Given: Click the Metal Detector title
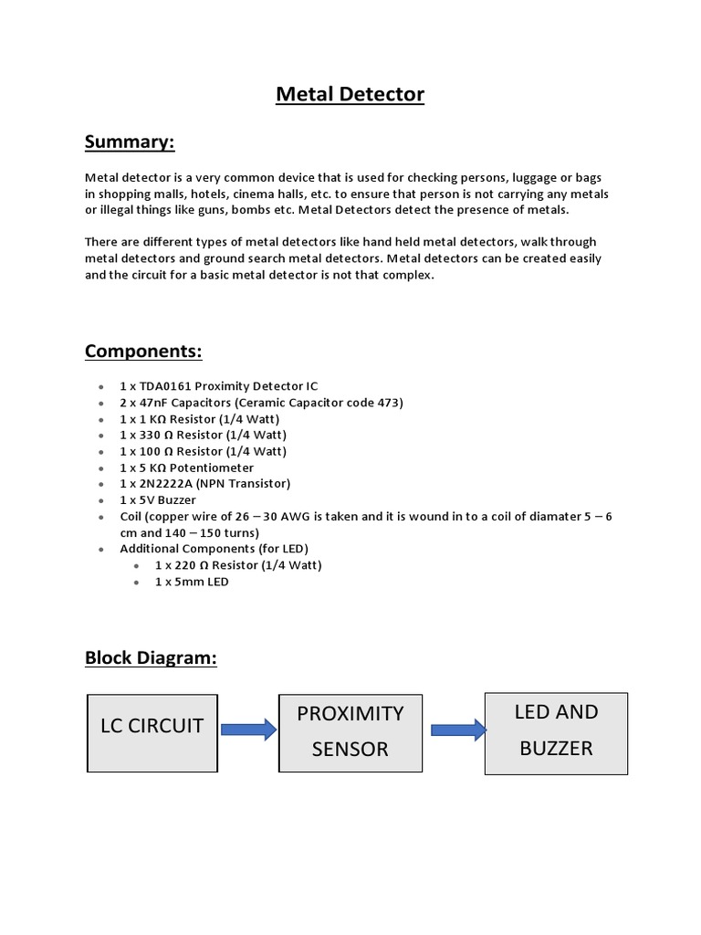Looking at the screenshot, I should (350, 94).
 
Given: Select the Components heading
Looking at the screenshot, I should (143, 352).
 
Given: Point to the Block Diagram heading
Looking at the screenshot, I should (151, 657).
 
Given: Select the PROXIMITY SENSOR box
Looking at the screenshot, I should (350, 730).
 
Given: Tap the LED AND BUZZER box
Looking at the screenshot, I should (556, 730).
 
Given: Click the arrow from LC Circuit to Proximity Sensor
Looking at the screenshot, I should (248, 729).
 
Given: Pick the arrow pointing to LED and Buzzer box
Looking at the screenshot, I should (457, 729).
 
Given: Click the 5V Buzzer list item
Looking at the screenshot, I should (157, 500).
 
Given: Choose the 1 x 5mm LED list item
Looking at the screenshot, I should (192, 582).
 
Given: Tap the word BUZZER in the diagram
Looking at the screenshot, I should (556, 749).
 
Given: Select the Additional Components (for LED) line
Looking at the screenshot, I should (214, 549).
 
